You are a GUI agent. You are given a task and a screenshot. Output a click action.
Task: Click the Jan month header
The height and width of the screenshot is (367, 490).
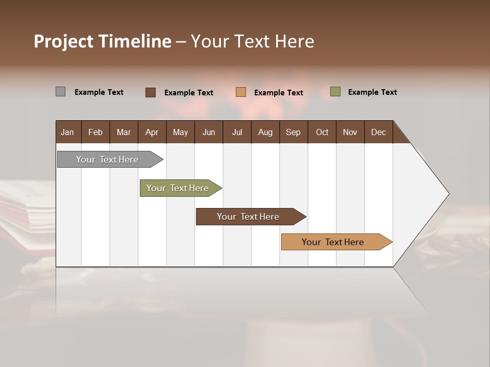(x=67, y=132)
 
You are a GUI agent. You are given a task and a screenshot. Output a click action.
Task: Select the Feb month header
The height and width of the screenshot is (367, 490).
(x=95, y=132)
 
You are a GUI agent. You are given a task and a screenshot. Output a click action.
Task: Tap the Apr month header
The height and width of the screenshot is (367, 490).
(x=152, y=132)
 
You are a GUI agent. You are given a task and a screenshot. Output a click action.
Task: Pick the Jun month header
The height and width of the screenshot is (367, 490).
(x=208, y=132)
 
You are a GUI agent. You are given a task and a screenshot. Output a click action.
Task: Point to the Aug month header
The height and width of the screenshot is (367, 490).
(x=265, y=132)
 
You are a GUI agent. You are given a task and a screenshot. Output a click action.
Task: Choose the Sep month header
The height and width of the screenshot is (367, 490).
(x=293, y=132)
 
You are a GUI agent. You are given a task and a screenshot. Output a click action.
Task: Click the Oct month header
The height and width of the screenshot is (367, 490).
(x=322, y=132)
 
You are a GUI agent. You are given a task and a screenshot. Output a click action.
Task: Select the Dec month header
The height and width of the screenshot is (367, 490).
(x=378, y=132)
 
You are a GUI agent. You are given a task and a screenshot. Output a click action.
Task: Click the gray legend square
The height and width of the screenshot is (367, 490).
(x=60, y=92)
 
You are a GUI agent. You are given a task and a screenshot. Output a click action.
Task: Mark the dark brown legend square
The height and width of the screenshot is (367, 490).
(x=151, y=92)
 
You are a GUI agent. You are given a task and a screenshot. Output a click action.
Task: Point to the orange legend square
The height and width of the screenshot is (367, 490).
(x=241, y=92)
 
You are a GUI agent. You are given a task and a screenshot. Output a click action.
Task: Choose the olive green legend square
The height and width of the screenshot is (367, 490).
(x=335, y=92)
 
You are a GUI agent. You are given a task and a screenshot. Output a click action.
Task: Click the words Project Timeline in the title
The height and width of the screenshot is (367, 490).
(x=102, y=41)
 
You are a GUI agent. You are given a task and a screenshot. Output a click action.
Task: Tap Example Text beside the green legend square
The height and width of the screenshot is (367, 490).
(x=372, y=92)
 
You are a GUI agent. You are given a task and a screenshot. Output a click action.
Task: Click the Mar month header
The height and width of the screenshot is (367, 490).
(x=124, y=132)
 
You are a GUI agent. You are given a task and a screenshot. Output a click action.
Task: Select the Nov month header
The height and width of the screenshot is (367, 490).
(x=350, y=132)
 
